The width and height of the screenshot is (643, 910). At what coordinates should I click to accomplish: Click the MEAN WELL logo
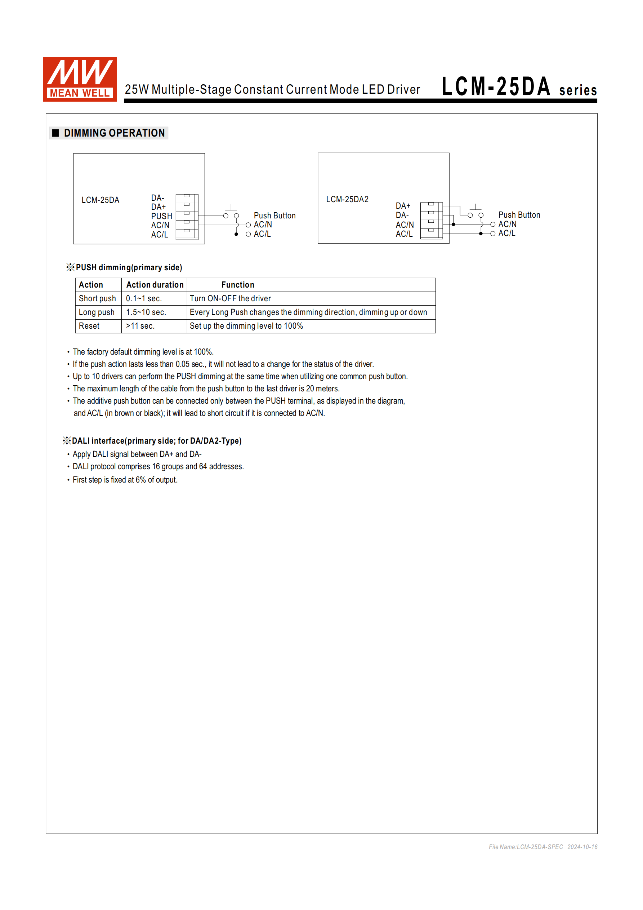(80, 79)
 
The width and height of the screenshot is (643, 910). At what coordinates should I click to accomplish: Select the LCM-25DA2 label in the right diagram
(347, 199)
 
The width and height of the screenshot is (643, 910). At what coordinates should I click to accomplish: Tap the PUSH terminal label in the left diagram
(162, 216)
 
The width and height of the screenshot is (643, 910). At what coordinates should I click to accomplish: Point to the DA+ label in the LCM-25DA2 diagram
(403, 206)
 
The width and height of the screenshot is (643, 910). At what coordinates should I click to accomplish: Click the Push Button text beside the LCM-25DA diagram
(274, 216)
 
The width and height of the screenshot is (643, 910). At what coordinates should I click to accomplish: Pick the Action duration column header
(155, 285)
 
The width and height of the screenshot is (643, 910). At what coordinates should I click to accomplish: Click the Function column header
(238, 285)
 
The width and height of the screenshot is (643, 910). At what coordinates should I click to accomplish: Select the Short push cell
(98, 298)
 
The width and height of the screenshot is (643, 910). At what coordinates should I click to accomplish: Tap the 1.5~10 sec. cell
(146, 312)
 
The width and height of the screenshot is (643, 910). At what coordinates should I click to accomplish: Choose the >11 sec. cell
(140, 326)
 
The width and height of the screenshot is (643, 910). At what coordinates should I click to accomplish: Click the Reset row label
(89, 326)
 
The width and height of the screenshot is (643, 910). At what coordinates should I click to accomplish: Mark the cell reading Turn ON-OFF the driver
(230, 298)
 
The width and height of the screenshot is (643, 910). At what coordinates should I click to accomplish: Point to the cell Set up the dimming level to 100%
(246, 326)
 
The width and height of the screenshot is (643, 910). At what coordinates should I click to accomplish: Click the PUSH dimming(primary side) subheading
(129, 267)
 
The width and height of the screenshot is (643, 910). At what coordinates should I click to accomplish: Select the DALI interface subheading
(156, 441)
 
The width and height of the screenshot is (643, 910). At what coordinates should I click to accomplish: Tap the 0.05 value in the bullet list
(183, 364)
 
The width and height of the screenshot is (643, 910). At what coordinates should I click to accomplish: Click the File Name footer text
(543, 847)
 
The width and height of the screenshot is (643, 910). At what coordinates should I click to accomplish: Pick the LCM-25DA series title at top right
(519, 87)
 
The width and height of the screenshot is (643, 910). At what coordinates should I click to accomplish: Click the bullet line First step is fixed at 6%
(125, 480)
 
